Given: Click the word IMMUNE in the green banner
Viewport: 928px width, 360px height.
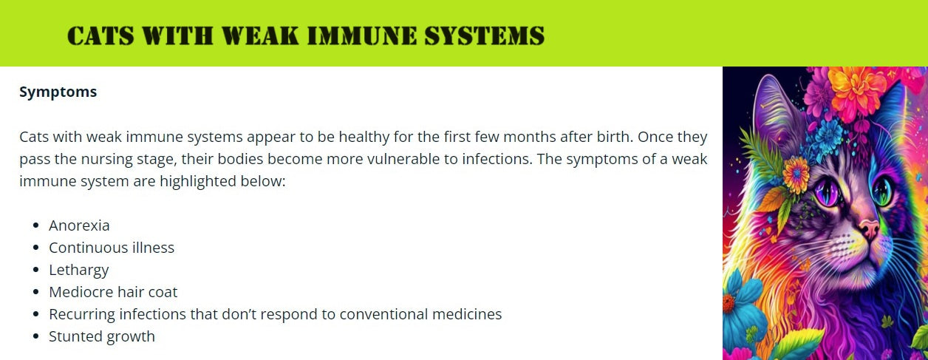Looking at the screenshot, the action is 362,35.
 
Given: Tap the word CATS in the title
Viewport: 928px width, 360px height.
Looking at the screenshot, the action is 100,35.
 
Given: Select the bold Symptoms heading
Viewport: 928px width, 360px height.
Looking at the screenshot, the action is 58,92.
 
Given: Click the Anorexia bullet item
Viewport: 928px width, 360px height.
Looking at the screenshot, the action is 79,225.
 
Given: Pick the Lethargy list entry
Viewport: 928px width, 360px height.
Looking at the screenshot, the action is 79,270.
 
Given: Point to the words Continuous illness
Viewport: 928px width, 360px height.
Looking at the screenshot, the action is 112,248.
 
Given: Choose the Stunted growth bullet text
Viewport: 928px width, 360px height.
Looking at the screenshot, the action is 102,336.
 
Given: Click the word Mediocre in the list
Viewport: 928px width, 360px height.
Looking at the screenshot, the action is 79,292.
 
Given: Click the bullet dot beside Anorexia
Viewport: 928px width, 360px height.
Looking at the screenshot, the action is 36,225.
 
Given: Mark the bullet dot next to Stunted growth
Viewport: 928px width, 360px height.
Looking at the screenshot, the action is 36,336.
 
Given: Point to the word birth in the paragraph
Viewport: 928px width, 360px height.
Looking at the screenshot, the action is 615,136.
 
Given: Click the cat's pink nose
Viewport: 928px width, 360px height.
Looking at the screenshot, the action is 870,227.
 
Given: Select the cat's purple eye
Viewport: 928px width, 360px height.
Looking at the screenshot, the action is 827,191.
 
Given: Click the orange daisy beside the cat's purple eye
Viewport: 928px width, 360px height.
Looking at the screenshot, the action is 796,174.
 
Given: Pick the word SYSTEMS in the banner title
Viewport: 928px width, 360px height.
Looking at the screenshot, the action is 484,35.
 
